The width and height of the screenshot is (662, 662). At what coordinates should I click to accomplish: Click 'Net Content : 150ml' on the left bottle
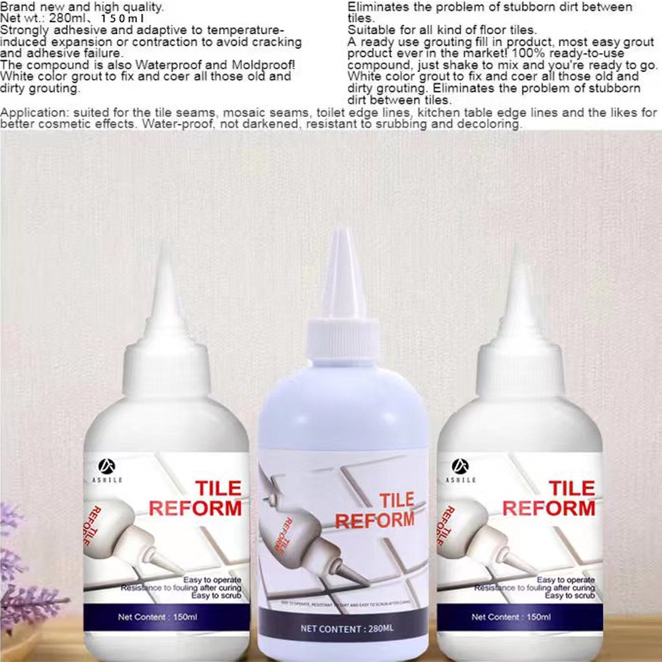pos(157,617)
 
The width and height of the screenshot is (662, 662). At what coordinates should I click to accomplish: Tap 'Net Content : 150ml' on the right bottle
pos(511,617)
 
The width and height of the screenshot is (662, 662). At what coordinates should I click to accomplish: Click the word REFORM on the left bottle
pos(195,507)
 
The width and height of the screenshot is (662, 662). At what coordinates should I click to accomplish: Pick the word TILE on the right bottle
pos(571,487)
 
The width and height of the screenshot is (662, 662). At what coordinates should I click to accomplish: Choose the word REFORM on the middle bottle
pos(374,520)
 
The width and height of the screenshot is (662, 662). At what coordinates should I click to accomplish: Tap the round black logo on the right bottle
pos(460,465)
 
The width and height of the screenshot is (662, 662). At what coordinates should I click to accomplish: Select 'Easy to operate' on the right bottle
pos(566,580)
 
